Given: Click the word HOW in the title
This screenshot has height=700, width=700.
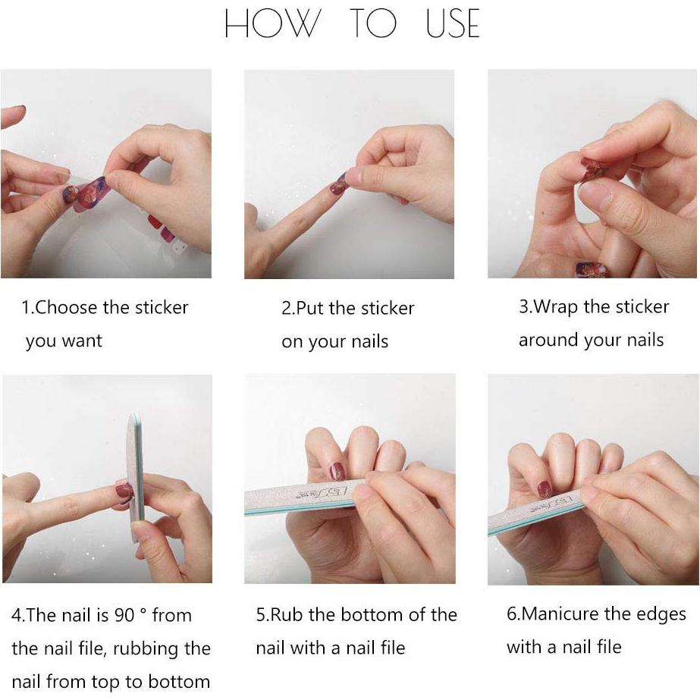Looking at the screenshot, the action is [x=273, y=24].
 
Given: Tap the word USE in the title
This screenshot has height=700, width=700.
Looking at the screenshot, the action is [x=453, y=24].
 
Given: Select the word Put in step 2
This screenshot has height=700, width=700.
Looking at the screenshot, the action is [x=311, y=308].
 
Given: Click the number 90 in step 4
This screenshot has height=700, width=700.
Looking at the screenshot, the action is [x=124, y=615].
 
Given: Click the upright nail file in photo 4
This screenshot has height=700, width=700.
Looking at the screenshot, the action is [x=136, y=478].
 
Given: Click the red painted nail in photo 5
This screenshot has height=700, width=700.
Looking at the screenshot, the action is [x=337, y=472].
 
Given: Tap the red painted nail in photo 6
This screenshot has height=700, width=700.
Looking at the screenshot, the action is [x=545, y=490].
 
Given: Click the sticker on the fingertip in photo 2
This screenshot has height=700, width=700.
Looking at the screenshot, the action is [x=338, y=185].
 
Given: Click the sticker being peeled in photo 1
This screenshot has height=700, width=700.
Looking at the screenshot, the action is [x=92, y=193].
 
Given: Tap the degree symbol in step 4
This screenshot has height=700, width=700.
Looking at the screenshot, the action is [x=143, y=611].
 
